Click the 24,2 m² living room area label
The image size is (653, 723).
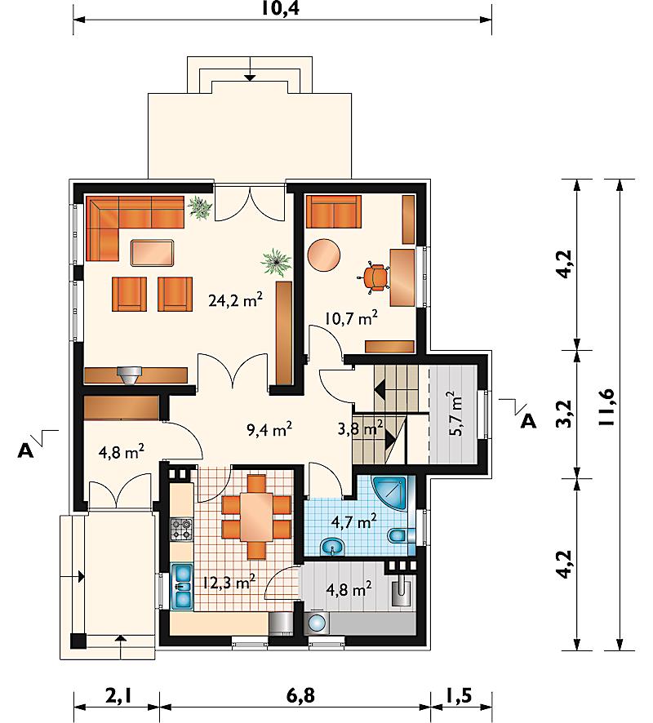(236, 300)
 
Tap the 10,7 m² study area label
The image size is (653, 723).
(352, 317)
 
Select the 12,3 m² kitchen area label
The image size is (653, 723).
(229, 583)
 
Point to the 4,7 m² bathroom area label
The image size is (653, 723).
(353, 521)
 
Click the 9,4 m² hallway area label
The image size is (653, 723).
(269, 430)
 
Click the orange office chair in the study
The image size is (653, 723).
(373, 277)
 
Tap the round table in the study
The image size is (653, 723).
(324, 255)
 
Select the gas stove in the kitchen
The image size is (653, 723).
(182, 530)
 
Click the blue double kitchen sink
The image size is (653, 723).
(182, 586)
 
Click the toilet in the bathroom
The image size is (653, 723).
(398, 536)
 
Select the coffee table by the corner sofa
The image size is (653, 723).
(152, 253)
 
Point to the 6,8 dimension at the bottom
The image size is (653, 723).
(300, 695)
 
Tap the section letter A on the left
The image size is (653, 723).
(26, 451)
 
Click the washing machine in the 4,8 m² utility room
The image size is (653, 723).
(317, 623)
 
